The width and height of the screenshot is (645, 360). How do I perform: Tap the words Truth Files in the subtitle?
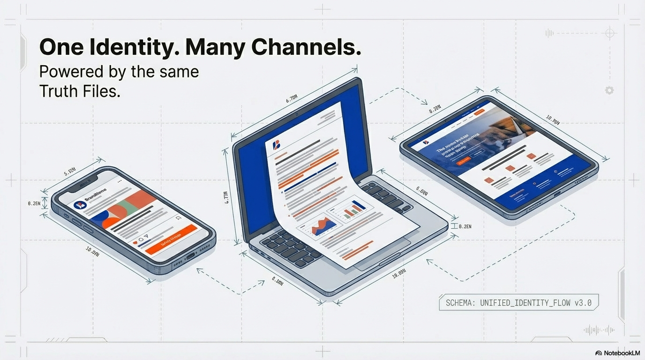80,91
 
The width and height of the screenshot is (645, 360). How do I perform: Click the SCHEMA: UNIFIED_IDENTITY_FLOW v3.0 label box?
518,303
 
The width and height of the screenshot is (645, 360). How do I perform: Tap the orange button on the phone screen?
171,239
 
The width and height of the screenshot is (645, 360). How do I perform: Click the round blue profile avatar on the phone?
80,205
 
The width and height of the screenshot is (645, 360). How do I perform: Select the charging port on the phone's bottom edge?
190,255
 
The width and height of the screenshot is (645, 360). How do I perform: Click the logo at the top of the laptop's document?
276,144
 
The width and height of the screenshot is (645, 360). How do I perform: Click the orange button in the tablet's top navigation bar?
479,113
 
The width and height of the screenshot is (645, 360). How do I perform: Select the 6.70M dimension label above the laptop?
292,99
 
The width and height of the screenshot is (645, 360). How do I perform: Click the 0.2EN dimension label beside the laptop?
465,226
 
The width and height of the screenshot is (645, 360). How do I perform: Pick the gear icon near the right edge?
609,90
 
